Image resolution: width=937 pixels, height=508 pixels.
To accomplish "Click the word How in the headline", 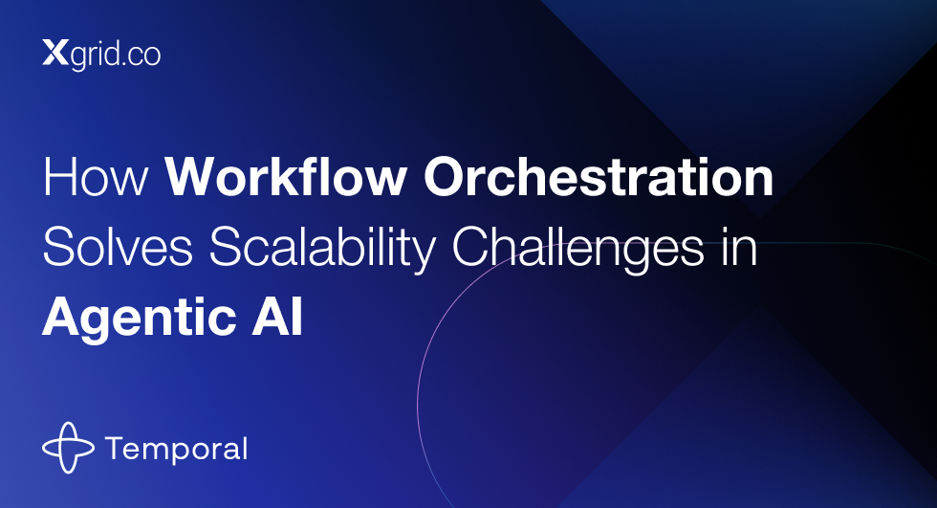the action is [96, 177].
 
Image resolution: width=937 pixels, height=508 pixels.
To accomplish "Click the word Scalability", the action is [322, 250].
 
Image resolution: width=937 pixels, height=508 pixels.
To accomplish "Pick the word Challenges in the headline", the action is [577, 250].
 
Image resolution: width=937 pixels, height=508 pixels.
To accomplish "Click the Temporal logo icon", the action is [68, 448].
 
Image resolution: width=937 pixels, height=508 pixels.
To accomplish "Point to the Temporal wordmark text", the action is [176, 450].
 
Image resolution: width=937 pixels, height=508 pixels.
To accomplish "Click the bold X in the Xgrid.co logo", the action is [55, 53].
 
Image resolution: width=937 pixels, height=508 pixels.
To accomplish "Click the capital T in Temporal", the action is [116, 449].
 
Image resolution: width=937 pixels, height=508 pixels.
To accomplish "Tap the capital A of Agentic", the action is [63, 318].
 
